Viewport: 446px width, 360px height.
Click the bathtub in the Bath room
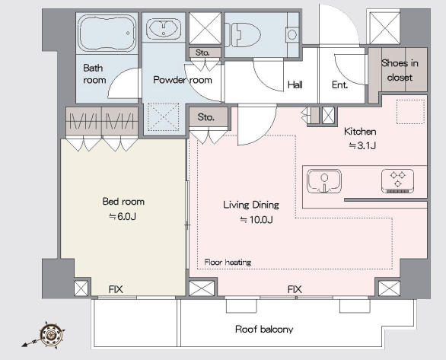tap(107, 33)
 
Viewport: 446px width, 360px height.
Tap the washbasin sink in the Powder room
tap(164, 28)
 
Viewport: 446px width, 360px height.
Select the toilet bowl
tap(244, 35)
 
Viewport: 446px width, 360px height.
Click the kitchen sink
tap(324, 181)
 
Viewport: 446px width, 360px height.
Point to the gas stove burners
tap(397, 181)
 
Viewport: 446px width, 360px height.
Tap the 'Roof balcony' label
tap(264, 330)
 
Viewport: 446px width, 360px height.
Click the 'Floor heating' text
tap(228, 262)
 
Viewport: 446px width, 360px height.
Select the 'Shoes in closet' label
tap(400, 70)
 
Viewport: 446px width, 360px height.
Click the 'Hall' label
tap(295, 84)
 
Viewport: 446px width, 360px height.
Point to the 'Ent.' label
tap(339, 84)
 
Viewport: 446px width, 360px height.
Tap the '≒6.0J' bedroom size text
tap(123, 217)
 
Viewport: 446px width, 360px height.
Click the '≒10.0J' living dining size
tap(256, 220)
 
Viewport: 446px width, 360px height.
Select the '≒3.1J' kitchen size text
tap(362, 146)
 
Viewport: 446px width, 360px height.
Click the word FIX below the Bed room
tap(116, 289)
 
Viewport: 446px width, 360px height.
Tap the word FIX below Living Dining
tap(295, 289)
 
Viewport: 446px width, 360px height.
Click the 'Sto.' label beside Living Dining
tap(206, 117)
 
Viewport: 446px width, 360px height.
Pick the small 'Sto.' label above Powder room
tap(202, 53)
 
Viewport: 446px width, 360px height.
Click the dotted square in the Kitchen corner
tap(410, 112)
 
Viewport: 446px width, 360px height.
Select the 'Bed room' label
tap(123, 202)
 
